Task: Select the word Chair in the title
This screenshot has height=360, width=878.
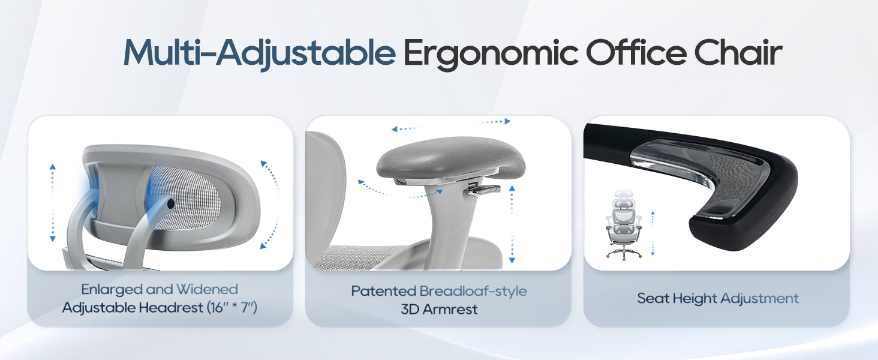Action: pyautogui.click(x=738, y=52)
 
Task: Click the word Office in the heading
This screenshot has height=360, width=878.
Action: pyautogui.click(x=636, y=52)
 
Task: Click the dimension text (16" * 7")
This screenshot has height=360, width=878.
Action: pyautogui.click(x=232, y=307)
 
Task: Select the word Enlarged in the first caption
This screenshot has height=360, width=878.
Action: pyautogui.click(x=112, y=290)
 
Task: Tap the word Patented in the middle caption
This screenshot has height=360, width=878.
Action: pyautogui.click(x=383, y=291)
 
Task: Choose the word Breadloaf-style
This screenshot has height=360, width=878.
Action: pyautogui.click(x=473, y=292)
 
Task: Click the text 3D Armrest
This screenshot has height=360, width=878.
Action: pyautogui.click(x=439, y=310)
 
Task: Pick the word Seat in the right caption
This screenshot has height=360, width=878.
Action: pyautogui.click(x=653, y=298)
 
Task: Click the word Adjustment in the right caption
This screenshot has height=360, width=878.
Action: pyautogui.click(x=759, y=299)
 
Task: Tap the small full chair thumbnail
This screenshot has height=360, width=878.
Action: pyautogui.click(x=624, y=224)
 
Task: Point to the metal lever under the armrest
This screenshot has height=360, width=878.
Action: pyautogui.click(x=484, y=190)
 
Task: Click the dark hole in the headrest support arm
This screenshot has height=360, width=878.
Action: pyautogui.click(x=170, y=203)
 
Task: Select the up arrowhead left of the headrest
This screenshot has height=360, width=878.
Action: pyautogui.click(x=53, y=167)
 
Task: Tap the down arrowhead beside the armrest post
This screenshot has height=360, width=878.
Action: pyautogui.click(x=512, y=260)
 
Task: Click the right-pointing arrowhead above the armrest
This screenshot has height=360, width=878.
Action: pyautogui.click(x=507, y=122)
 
